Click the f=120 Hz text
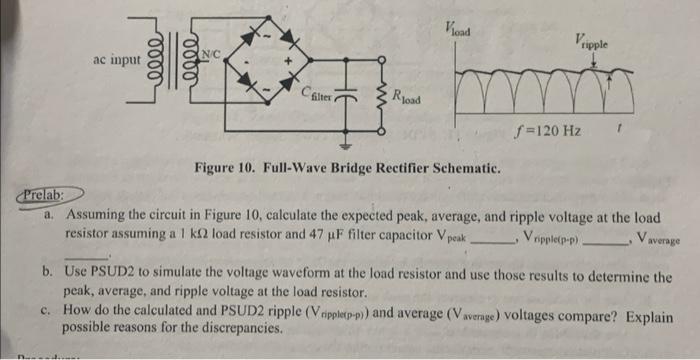pyautogui.click(x=544, y=131)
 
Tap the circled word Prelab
pyautogui.click(x=41, y=193)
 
